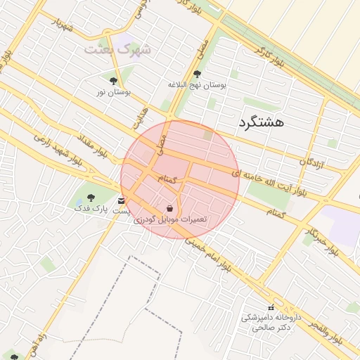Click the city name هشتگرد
pyautogui.click(x=261, y=122)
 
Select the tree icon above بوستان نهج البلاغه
pyautogui.click(x=196, y=74)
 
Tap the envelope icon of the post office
pyautogui.click(x=122, y=201)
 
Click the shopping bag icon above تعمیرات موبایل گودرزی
pyautogui.click(x=170, y=208)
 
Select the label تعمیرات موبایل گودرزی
pyautogui.click(x=170, y=219)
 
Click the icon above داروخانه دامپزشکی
pyautogui.click(x=271, y=307)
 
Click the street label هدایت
pyautogui.click(x=140, y=120)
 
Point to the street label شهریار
pyautogui.click(x=63, y=25)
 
